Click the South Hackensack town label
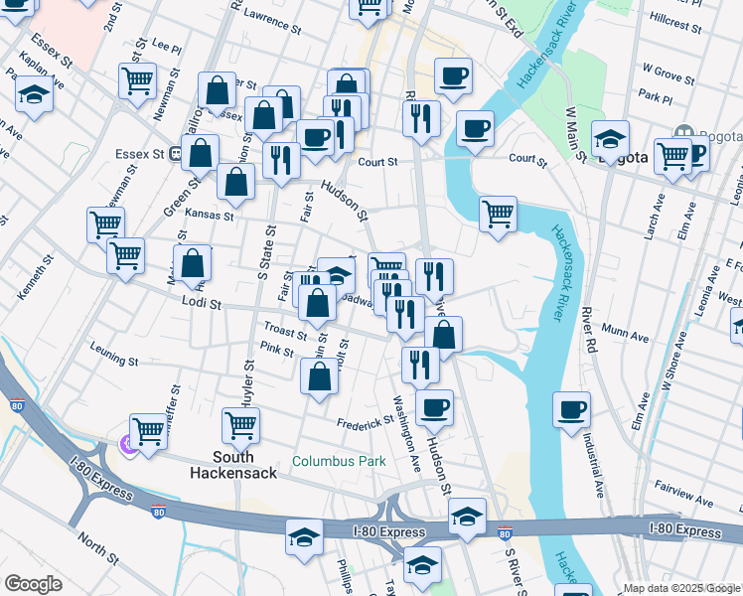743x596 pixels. [x=235, y=466]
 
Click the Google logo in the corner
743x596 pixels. [x=33, y=584]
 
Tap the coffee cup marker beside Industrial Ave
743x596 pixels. [x=571, y=409]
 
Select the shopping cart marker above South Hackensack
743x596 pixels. [x=241, y=425]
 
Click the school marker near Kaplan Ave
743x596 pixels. [x=34, y=96]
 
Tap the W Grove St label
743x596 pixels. [x=667, y=72]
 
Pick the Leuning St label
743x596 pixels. [x=111, y=348]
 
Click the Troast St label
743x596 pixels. [x=285, y=329]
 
